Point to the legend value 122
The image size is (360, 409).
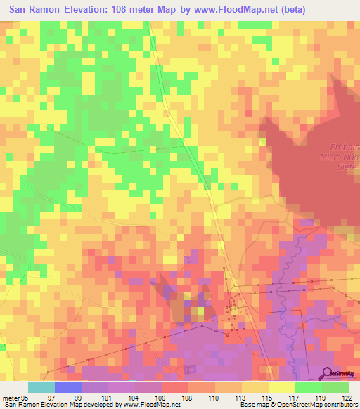point(348,398)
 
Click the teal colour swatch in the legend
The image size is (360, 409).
point(41,387)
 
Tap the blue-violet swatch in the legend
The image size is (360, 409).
point(68,387)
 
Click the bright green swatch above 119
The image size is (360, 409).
point(308,387)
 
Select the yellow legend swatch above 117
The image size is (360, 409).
point(281,387)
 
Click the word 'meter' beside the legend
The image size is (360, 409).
point(10,398)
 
